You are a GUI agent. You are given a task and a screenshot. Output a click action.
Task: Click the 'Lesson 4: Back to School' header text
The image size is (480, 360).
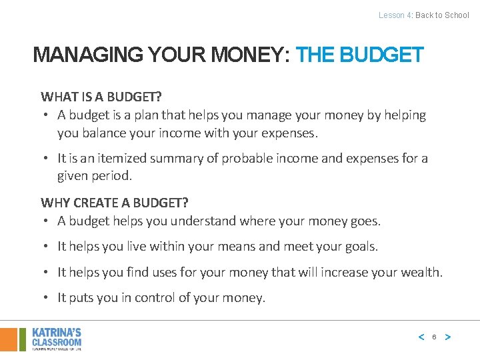pyautogui.click(x=423, y=15)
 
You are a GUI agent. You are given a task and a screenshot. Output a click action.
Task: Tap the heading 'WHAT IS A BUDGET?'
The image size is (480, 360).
pyautogui.click(x=101, y=97)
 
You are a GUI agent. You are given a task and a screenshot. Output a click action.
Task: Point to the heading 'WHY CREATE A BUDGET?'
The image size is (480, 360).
pyautogui.click(x=115, y=203)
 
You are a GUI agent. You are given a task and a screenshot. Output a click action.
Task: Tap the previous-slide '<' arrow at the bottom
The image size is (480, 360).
pyautogui.click(x=421, y=337)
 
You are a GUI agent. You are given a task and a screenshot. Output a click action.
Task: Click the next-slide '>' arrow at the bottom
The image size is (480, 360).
pyautogui.click(x=447, y=337)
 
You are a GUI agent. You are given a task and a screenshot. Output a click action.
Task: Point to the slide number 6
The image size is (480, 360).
pyautogui.click(x=434, y=337)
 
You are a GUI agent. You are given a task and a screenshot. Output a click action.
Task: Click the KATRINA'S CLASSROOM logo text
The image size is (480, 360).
pyautogui.click(x=57, y=337)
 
